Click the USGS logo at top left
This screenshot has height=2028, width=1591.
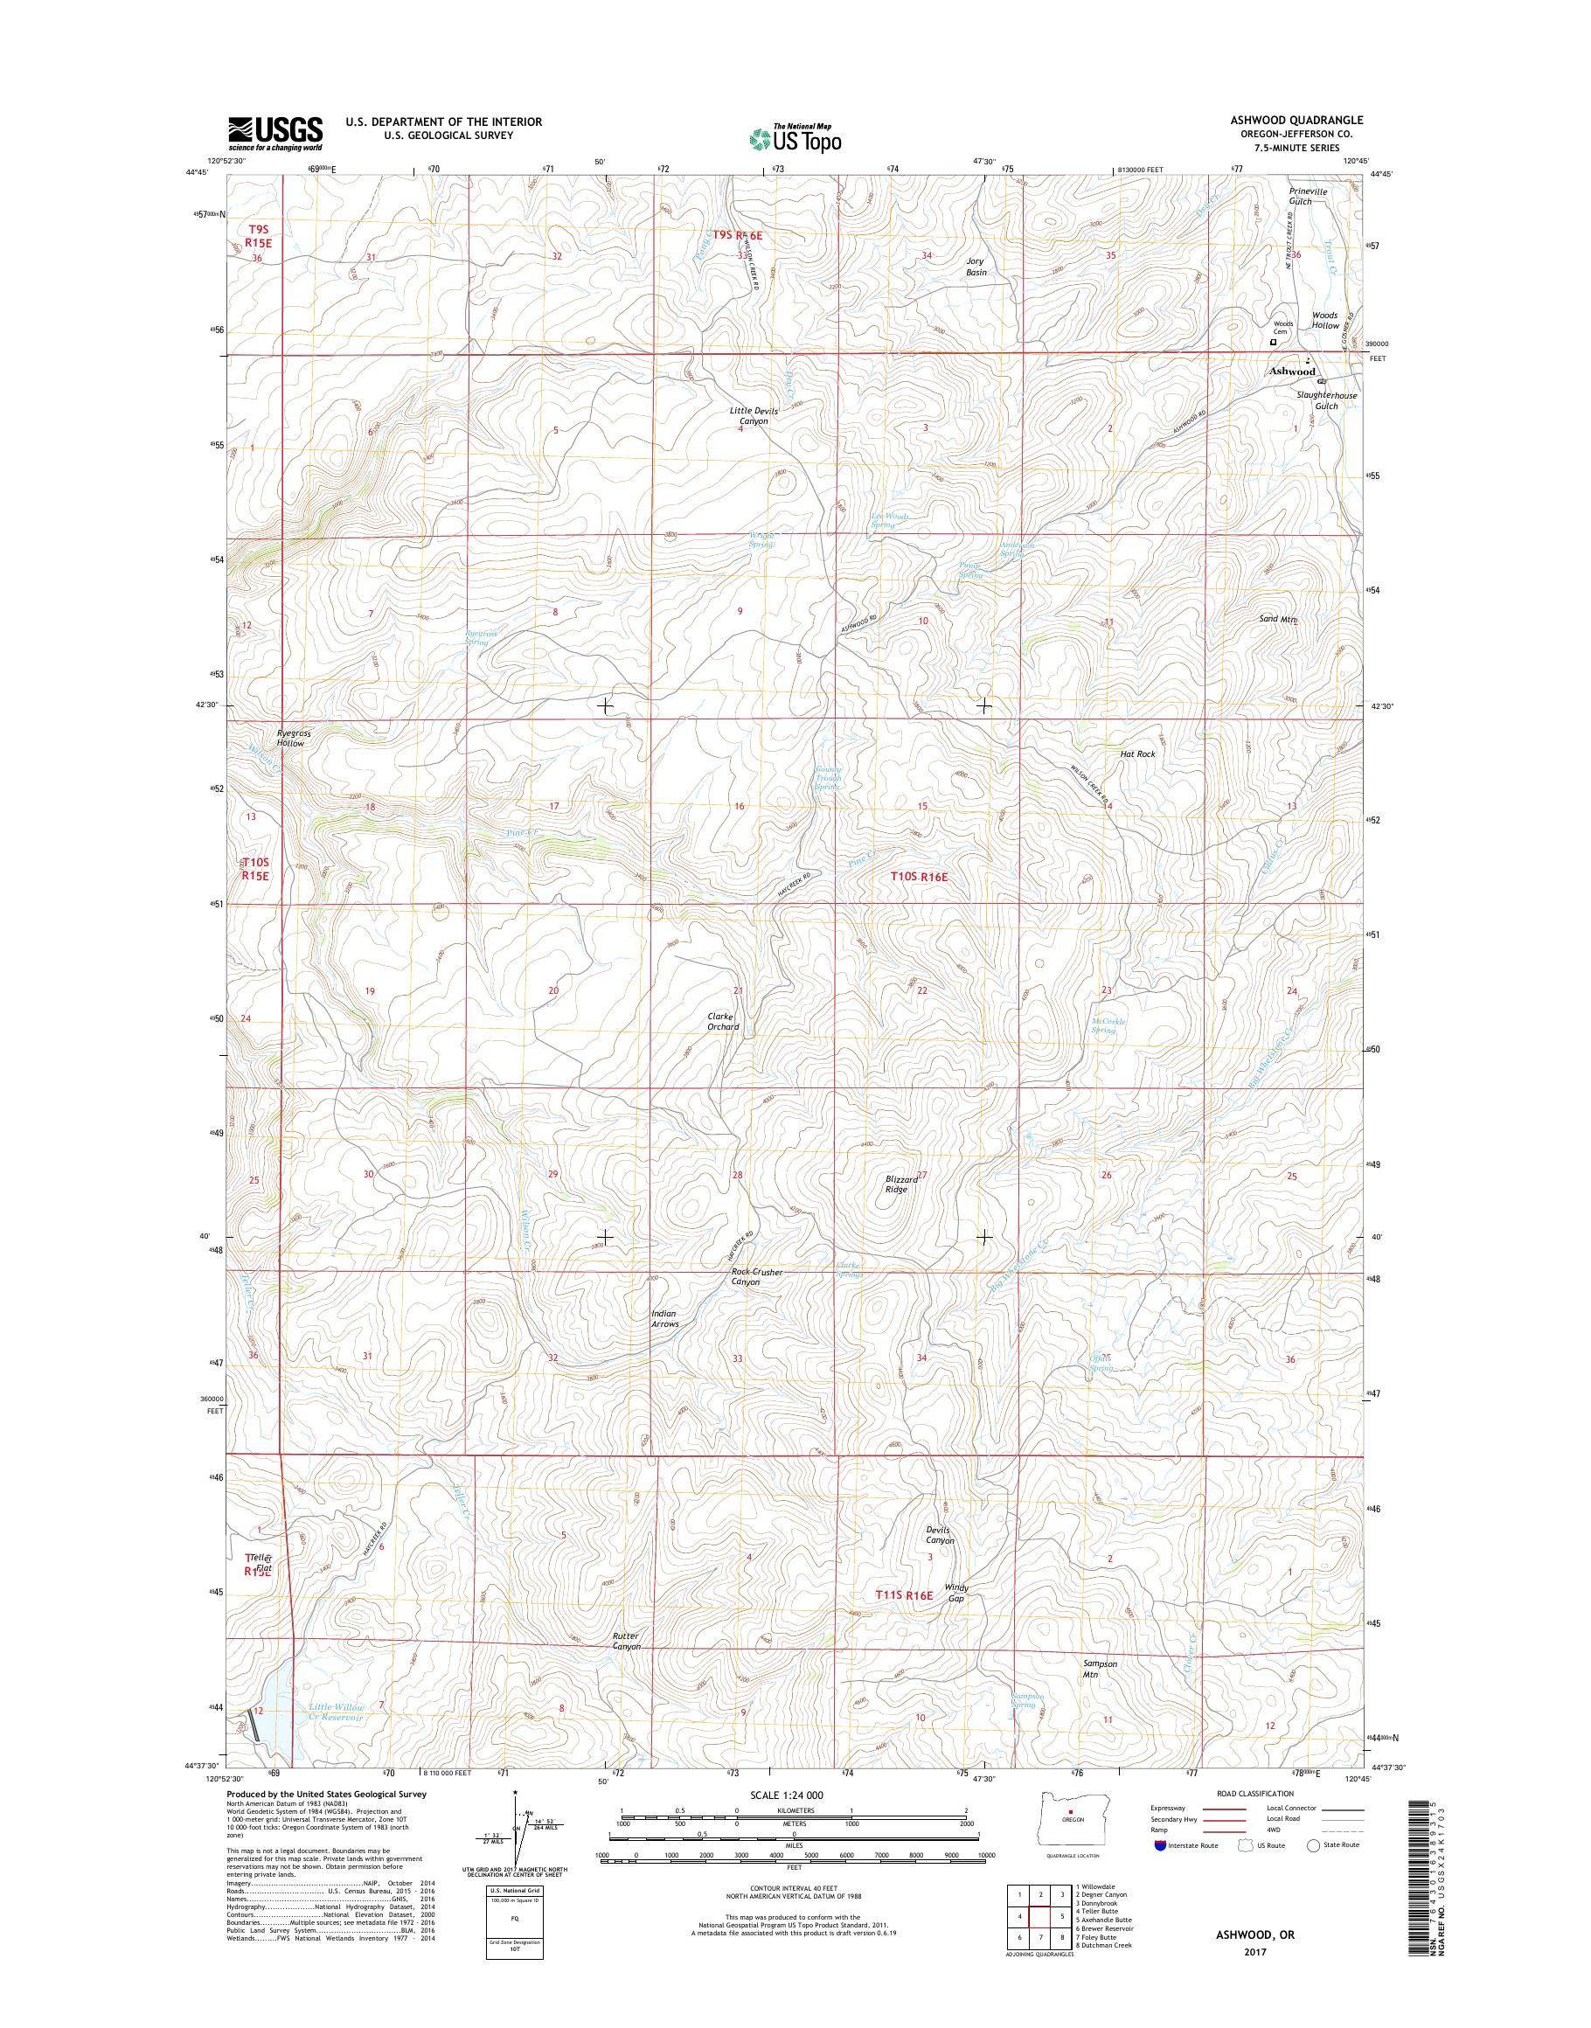275,134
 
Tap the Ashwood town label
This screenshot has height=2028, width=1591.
1293,371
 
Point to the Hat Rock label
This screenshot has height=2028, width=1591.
1137,754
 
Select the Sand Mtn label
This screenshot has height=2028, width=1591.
1278,619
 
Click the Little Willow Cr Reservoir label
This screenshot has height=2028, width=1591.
337,1712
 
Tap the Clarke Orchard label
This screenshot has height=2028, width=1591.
723,1021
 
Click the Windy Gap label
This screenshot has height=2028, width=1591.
956,1592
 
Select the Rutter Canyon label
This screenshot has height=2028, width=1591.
626,1641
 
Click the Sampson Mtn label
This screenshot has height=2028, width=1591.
1099,1669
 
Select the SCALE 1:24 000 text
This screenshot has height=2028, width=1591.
789,1795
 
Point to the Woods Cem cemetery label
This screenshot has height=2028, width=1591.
1282,327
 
